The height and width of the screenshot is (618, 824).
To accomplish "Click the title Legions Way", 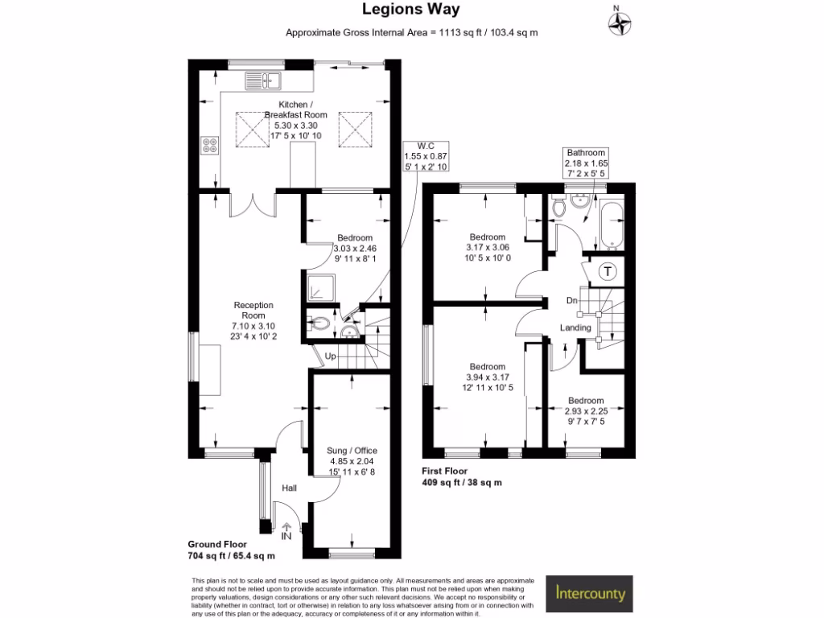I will pyautogui.click(x=411, y=10).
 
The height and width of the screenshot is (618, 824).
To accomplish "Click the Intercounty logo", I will pyautogui.click(x=590, y=595).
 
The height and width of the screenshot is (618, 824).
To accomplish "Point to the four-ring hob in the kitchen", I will pyautogui.click(x=210, y=146).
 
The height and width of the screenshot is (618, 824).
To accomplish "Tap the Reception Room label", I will pyautogui.click(x=253, y=310).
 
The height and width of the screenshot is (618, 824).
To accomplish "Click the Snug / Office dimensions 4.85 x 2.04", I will pyautogui.click(x=352, y=462).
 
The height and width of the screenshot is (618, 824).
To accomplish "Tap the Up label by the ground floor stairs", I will pyautogui.click(x=331, y=356).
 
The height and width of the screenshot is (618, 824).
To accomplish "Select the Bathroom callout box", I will pyautogui.click(x=585, y=162).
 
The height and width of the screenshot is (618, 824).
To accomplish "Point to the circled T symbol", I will pyautogui.click(x=608, y=271).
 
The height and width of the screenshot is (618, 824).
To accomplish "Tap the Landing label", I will pyautogui.click(x=576, y=328).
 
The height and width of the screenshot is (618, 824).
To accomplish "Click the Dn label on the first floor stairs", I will pyautogui.click(x=572, y=301).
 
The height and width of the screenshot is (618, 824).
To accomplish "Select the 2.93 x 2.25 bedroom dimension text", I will pyautogui.click(x=585, y=411).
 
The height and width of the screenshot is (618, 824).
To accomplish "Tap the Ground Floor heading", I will pyautogui.click(x=218, y=545).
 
